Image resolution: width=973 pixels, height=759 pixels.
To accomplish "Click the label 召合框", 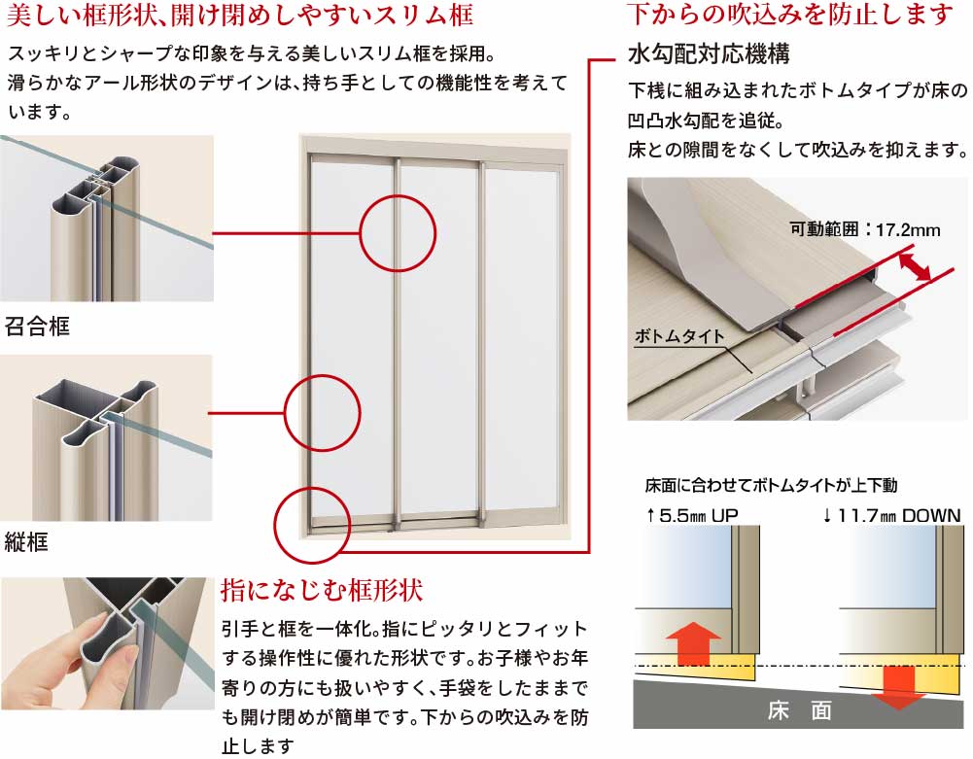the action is pos(37,326).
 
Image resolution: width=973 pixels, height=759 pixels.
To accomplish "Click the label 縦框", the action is pos(26,541).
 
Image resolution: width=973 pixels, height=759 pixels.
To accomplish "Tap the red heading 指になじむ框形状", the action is pos(322,590).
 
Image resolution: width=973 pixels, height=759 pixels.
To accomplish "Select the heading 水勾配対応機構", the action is pos(709,54).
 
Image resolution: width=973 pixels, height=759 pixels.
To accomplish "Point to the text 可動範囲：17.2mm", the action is pos(865,229).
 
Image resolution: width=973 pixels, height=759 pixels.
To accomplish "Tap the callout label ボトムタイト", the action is pos(679,336).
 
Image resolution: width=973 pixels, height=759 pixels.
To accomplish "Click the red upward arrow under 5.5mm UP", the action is pos(693,643).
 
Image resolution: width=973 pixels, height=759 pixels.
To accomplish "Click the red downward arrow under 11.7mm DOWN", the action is pos(898,687).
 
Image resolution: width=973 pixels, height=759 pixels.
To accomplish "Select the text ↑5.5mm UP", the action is pos(691,515).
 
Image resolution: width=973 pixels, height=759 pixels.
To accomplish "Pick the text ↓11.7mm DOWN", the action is pos(891,515).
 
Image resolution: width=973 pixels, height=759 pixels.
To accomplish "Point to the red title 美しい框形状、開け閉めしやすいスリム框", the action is pos(239,15).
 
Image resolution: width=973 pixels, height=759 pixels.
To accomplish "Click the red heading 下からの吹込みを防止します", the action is pos(790,14).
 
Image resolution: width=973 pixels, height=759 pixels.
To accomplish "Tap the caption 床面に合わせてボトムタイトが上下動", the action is pos(772,485).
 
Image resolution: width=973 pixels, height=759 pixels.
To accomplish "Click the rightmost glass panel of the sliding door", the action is pos(521,341).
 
